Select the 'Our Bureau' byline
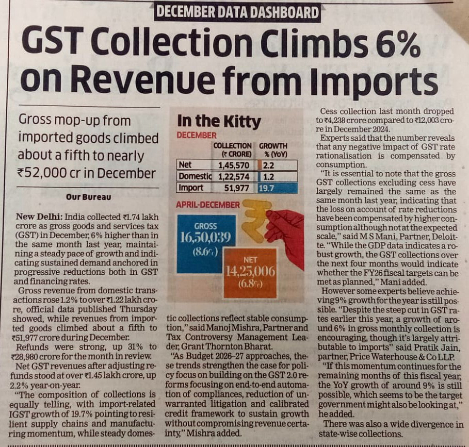[x=88, y=196]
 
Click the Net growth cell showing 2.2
[x=268, y=165]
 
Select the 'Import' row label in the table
[x=190, y=188]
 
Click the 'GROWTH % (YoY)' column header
[x=273, y=150]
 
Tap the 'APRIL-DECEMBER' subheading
[x=208, y=205]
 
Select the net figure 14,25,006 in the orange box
[x=250, y=272]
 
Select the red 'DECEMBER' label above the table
[x=197, y=135]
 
